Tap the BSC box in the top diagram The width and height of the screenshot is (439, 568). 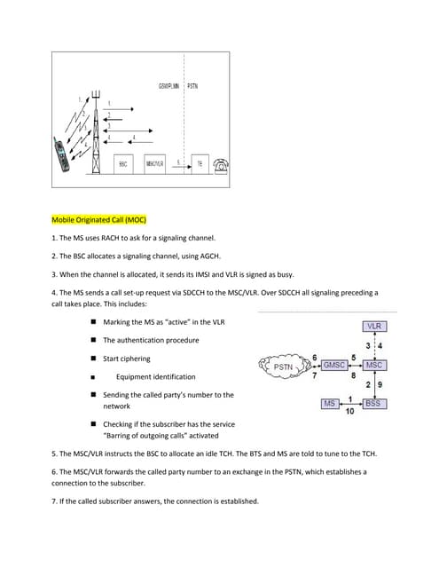pos(123,164)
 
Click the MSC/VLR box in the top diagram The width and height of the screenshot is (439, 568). pos(154,164)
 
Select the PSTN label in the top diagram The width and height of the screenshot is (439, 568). pos(193,86)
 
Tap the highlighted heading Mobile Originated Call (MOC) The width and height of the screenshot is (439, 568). pos(98,219)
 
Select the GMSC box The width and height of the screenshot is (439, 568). pos(333,365)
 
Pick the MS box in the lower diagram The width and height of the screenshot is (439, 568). pos(329,404)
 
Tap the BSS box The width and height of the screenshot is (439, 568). pos(373,404)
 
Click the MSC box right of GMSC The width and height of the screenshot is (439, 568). pos(373,365)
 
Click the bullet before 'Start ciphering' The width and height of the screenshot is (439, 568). pos(92,359)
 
